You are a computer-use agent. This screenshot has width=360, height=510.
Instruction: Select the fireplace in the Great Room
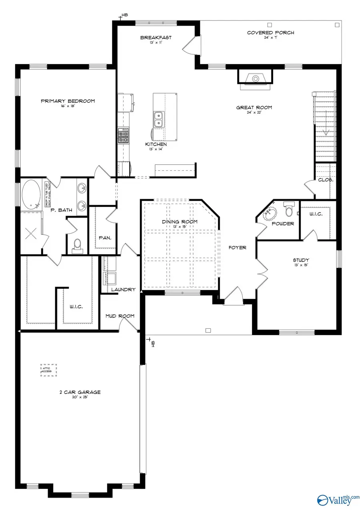coord(255,77)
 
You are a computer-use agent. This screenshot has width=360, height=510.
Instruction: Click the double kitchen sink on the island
coord(158,118)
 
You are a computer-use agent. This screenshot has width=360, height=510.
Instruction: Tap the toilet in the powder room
coord(288,209)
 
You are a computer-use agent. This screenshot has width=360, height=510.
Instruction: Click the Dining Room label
coord(180,222)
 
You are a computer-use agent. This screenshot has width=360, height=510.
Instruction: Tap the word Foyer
coord(237,248)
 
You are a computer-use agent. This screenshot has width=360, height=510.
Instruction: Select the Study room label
coord(301,260)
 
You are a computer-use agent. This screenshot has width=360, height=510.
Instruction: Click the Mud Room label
coord(120,316)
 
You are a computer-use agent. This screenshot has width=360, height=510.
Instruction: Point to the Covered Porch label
coord(270,32)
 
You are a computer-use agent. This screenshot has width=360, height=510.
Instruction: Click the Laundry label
coord(123,290)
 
